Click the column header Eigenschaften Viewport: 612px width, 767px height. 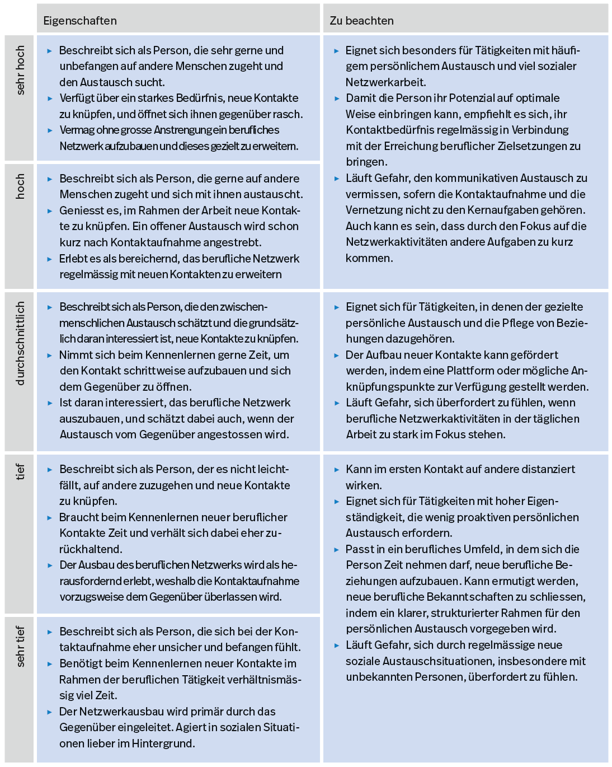coord(80,21)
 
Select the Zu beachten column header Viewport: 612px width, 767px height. coord(361,21)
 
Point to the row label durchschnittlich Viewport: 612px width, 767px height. coord(21,344)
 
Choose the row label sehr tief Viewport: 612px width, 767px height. coord(21,647)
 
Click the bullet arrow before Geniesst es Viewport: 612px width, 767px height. coord(50,211)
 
